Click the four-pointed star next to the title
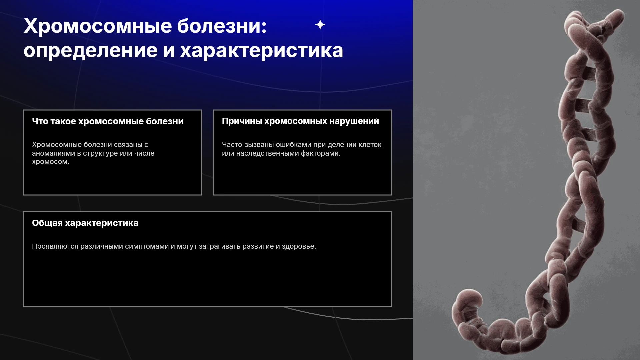320,25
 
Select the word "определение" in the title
90,51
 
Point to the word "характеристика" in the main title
262,51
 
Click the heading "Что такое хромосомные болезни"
108,121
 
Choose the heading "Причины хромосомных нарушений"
300,121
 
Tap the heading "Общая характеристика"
85,223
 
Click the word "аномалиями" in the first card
53,153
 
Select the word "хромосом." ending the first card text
51,162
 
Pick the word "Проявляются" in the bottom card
55,247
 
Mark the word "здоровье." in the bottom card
299,247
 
